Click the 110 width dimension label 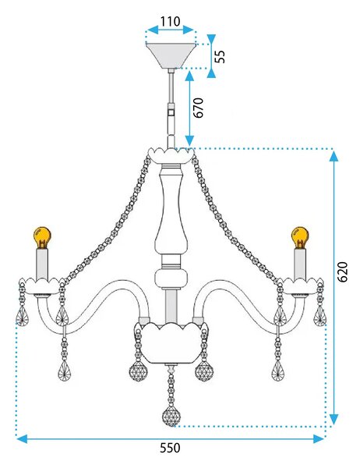(x=171, y=22)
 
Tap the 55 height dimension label (x=220, y=56)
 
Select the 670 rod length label (x=198, y=108)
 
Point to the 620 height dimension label (x=342, y=271)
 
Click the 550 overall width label (x=170, y=448)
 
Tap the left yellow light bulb (x=42, y=237)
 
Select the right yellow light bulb (x=300, y=237)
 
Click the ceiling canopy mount (x=171, y=56)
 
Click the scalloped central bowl (x=171, y=343)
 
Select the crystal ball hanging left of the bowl (x=139, y=371)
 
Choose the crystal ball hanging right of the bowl (x=204, y=371)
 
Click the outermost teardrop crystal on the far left (x=23, y=316)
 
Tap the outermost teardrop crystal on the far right (x=319, y=316)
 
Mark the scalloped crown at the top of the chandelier (x=171, y=155)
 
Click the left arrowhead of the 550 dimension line (x=22, y=438)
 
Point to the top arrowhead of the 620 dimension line (x=334, y=156)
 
